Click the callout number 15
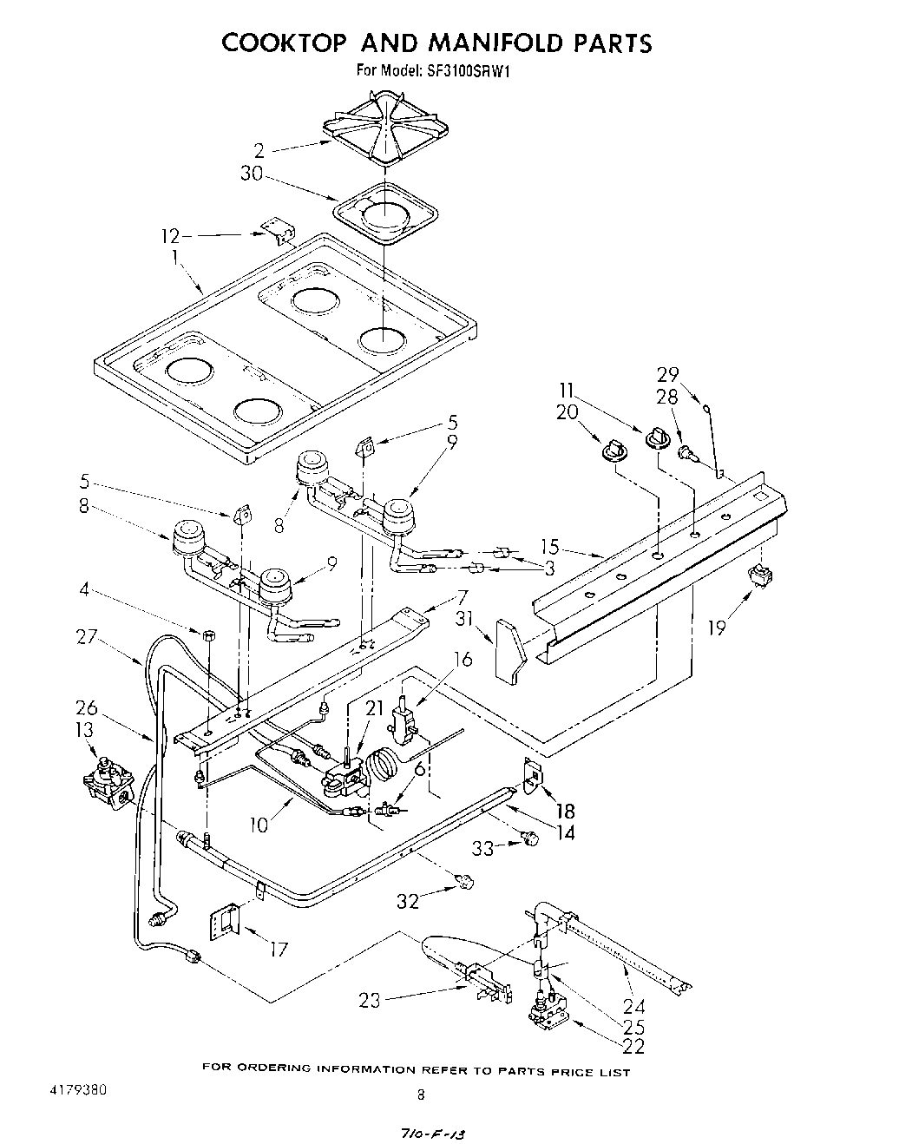(549, 548)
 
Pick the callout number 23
(371, 1000)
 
